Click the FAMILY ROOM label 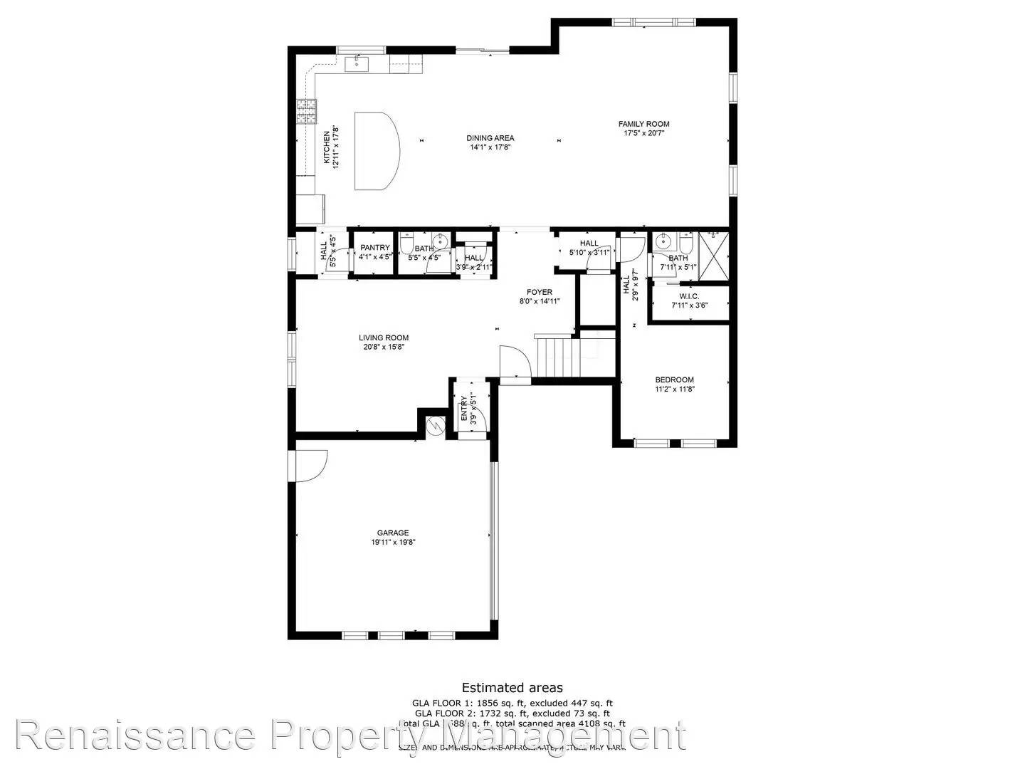pos(643,124)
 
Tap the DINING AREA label pos(490,138)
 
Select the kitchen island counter pos(376,150)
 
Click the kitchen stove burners pos(307,111)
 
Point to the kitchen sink pos(357,65)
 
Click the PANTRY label pos(374,247)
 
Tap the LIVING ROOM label pos(383,338)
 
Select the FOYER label pos(539,292)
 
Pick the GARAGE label pos(393,533)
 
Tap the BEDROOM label pos(674,380)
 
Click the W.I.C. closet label pos(689,296)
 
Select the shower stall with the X pos(713,255)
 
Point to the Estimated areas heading pos(512,687)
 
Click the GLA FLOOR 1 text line pos(512,703)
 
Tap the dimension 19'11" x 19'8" pos(393,542)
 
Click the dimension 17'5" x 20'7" pos(643,133)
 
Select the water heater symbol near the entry pos(434,425)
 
